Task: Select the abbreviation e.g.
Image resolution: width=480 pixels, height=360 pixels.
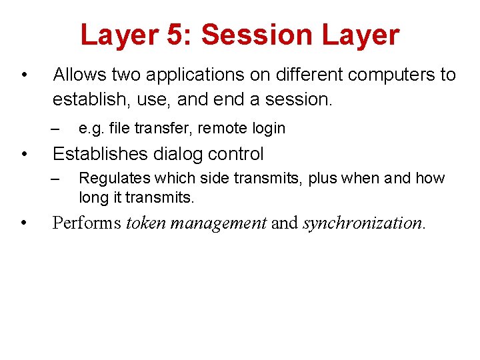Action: click(91, 128)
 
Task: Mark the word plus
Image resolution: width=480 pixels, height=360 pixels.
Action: click(324, 179)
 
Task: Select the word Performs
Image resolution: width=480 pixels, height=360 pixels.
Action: click(87, 223)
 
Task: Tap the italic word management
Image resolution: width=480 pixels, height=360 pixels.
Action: click(219, 223)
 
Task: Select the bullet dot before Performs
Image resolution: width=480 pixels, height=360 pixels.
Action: click(23, 223)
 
